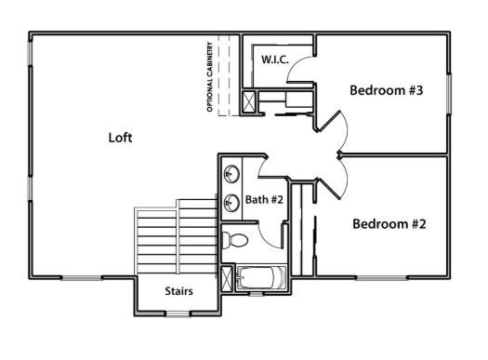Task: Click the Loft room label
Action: coord(120,138)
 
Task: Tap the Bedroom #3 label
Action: coord(387,90)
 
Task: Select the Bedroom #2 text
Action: coord(389,224)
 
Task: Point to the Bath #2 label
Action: coord(263,199)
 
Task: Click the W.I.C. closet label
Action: coord(274,60)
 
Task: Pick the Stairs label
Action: coord(178,291)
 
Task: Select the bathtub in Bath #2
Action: coord(263,278)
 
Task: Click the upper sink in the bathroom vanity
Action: coord(231,173)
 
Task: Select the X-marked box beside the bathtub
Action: coord(227,278)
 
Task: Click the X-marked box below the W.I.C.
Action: coord(249,101)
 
